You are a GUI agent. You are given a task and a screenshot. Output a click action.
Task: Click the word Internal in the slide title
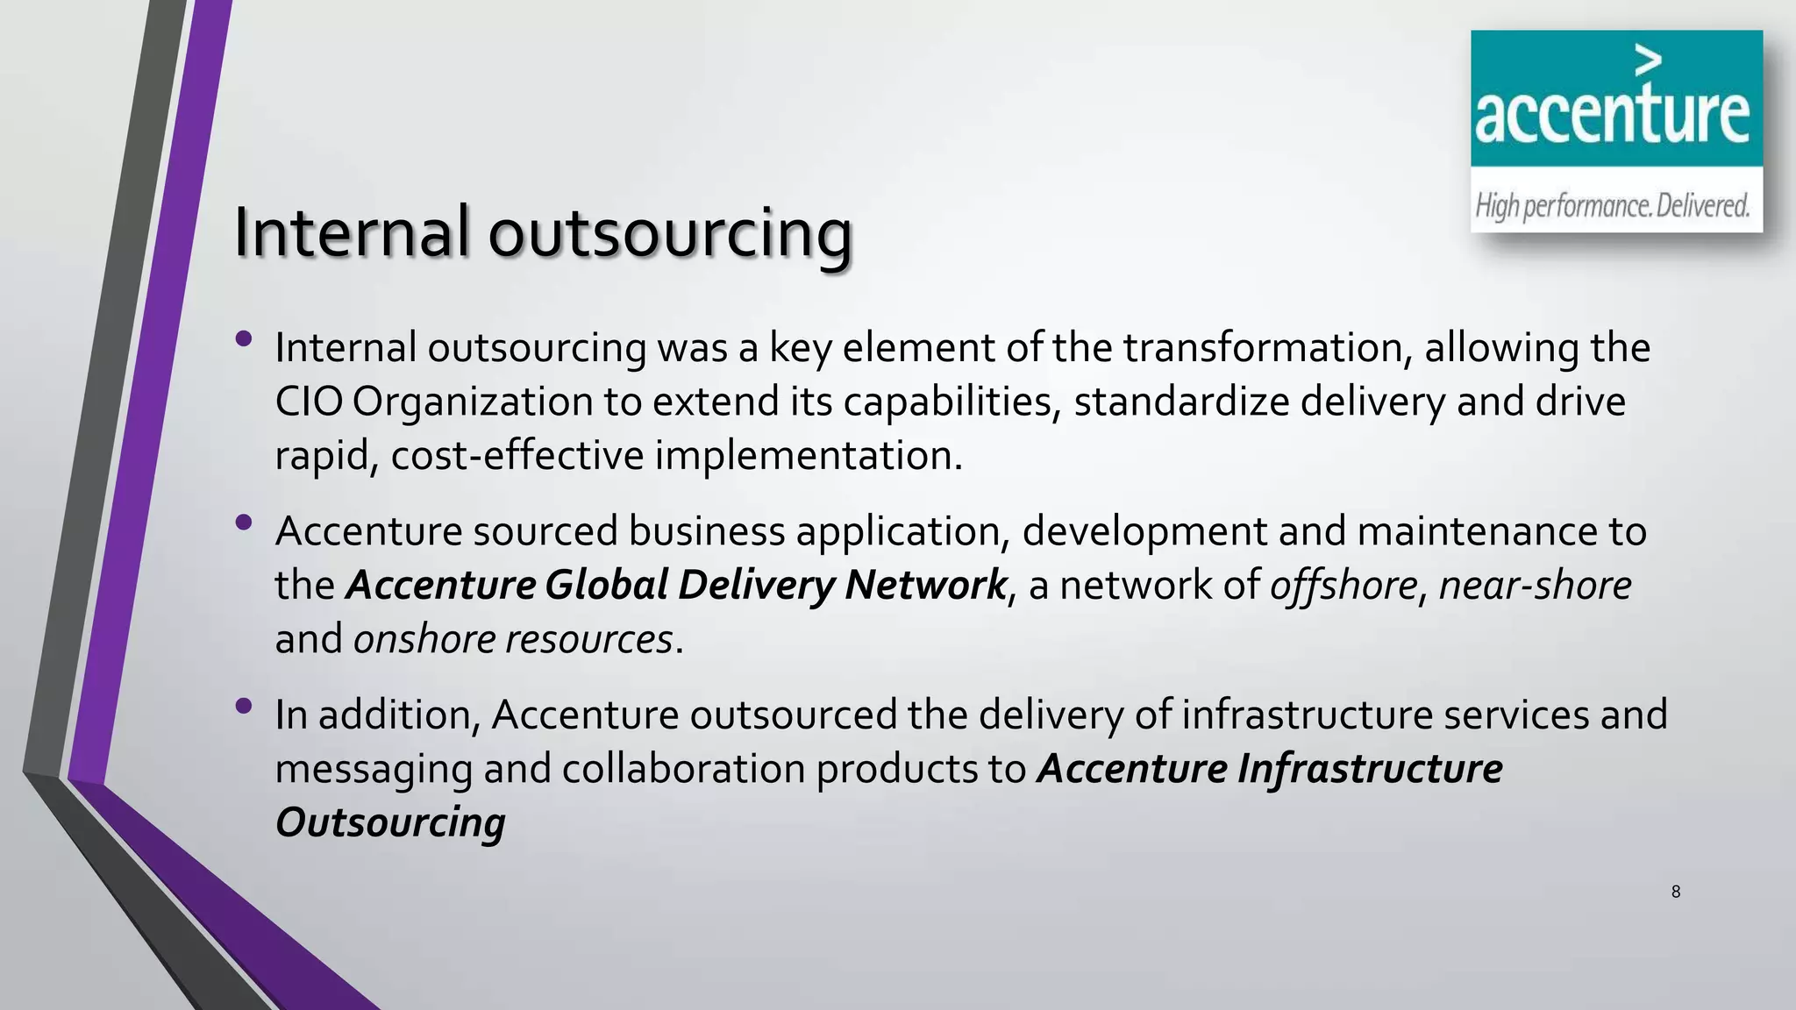click(x=351, y=232)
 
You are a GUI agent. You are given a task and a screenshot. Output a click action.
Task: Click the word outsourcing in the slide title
click(x=670, y=234)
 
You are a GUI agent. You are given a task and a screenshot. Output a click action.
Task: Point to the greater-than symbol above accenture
click(x=1649, y=60)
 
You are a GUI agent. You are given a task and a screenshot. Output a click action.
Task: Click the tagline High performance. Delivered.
click(x=1612, y=206)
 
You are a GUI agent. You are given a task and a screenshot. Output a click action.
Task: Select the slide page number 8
click(x=1676, y=893)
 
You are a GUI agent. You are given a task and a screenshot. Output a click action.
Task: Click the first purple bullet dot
click(x=244, y=338)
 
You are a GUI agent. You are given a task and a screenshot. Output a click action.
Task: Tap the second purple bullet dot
click(x=244, y=523)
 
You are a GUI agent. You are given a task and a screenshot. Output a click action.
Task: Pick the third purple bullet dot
click(x=244, y=706)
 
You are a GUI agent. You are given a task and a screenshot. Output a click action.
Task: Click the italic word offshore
click(x=1343, y=586)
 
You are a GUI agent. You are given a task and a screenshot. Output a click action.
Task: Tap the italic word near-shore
click(x=1535, y=586)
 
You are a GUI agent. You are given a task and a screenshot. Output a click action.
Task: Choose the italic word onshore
click(x=419, y=639)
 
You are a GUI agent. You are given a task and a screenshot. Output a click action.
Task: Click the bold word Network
click(x=925, y=586)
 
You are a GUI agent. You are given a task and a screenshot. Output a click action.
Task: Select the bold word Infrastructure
click(x=1370, y=769)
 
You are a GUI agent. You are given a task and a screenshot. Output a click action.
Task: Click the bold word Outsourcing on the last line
click(x=390, y=822)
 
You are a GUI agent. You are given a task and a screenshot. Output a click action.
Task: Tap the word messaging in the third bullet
click(x=374, y=769)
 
